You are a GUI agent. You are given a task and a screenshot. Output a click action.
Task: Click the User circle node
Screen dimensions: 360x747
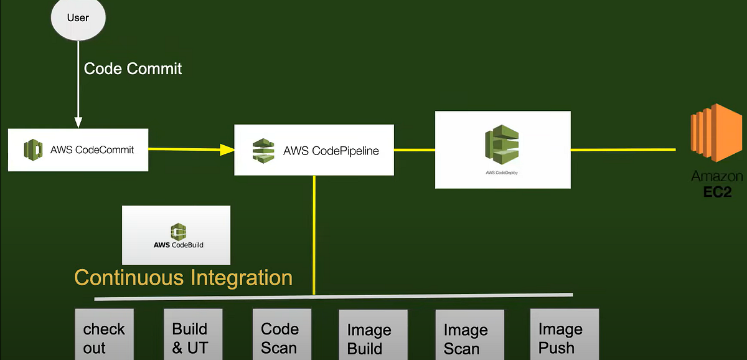point(78,17)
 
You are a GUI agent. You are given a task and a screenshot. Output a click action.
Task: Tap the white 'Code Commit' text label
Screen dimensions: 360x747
point(133,68)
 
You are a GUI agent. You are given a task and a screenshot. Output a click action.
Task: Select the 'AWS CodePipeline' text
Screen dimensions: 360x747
point(331,150)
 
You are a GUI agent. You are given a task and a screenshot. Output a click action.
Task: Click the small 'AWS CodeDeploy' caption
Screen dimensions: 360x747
point(502,172)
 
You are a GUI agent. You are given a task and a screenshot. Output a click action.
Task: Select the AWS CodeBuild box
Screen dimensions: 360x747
point(176,235)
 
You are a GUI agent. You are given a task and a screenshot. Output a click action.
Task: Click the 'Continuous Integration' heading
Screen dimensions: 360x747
point(184,277)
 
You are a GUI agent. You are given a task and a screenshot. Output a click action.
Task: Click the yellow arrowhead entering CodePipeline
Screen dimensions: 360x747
point(227,149)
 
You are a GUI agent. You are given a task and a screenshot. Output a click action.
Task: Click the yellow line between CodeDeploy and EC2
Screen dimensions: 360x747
point(622,149)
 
